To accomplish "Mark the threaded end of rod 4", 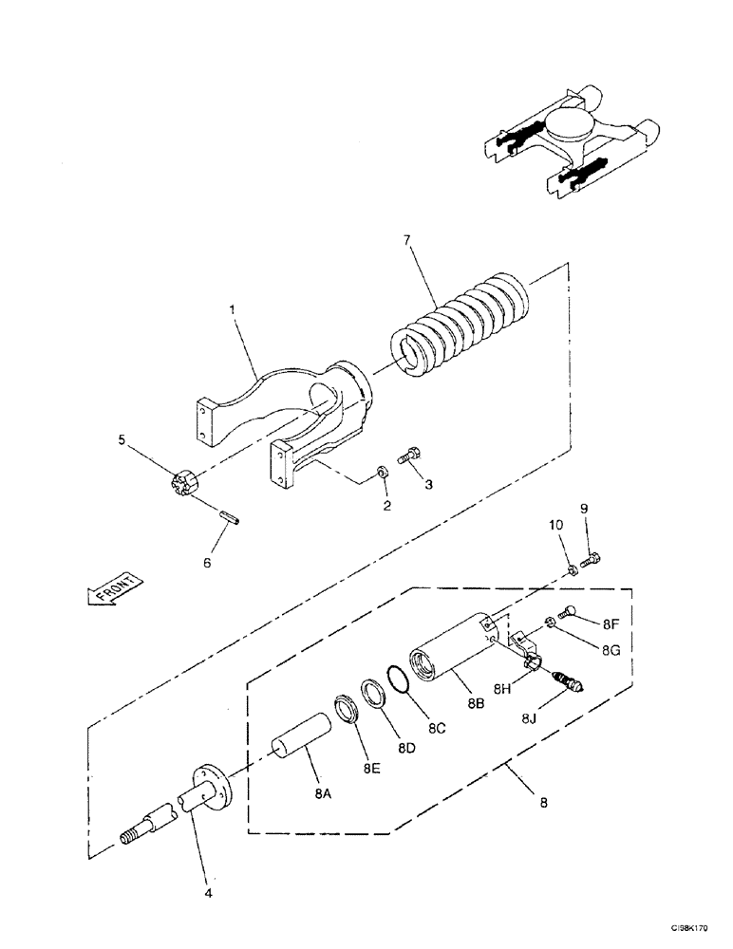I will point(131,836).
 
